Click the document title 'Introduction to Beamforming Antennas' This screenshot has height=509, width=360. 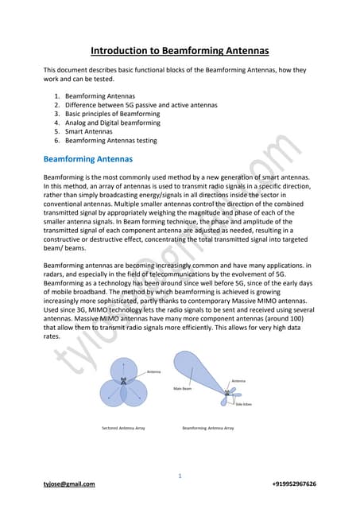[180, 51]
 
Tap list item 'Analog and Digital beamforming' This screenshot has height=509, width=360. [111, 122]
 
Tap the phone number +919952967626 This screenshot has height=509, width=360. [294, 484]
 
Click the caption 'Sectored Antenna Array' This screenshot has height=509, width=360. [123, 428]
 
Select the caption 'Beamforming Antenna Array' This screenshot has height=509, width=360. [208, 428]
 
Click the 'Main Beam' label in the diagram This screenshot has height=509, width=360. [184, 388]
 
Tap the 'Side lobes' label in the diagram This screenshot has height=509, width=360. [243, 406]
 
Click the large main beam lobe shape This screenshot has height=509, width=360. [199, 374]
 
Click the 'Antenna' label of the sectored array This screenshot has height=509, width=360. [153, 371]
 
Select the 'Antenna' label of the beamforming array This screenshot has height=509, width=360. [238, 382]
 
